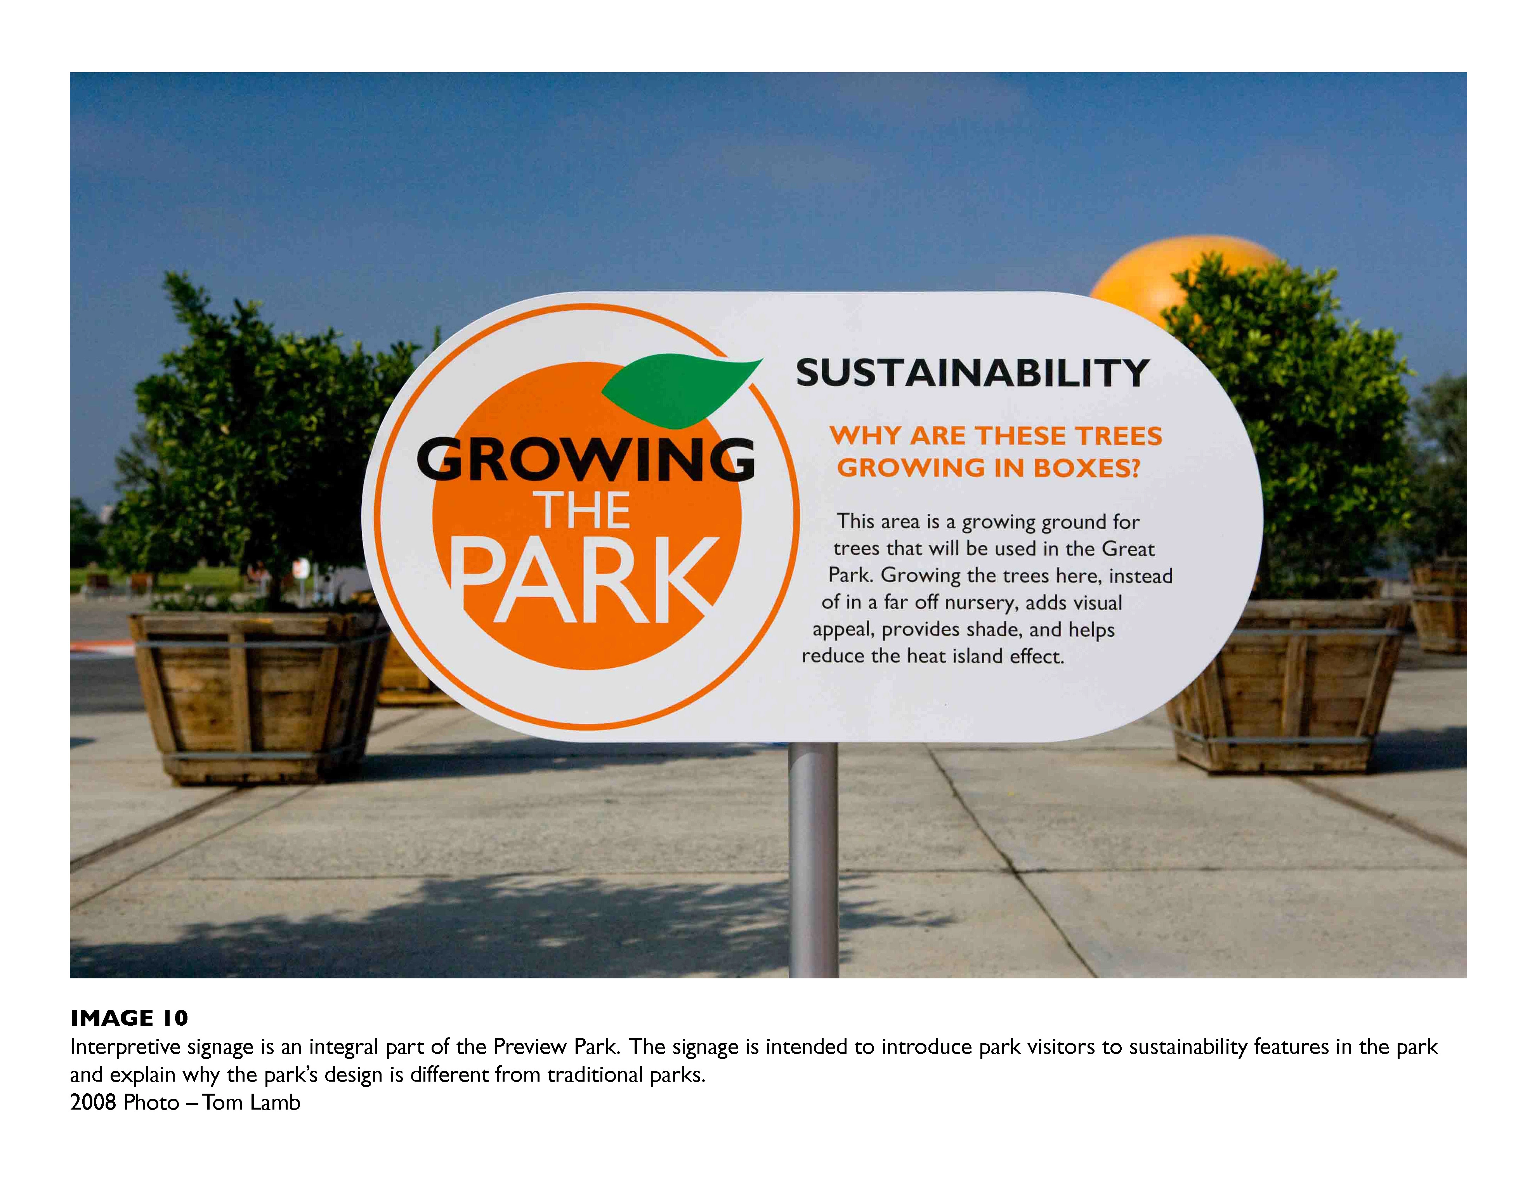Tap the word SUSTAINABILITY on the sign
pyautogui.click(x=973, y=373)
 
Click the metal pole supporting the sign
pyautogui.click(x=814, y=859)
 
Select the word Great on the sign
pyautogui.click(x=1128, y=549)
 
